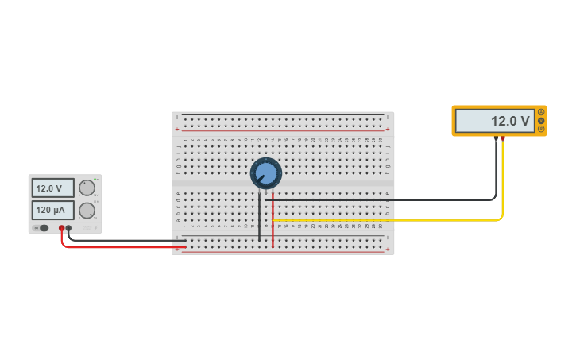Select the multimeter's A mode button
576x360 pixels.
pos(541,112)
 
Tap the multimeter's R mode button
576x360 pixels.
pos(541,129)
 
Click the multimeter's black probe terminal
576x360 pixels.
pos(496,139)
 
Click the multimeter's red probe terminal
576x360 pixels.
pos(502,139)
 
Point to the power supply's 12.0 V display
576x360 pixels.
pos(52,188)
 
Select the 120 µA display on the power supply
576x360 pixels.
pos(52,211)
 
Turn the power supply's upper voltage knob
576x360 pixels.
pos(87,188)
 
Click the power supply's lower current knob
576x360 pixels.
pos(87,211)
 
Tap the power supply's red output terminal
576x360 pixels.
pos(61,228)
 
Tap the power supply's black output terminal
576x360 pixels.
pos(69,228)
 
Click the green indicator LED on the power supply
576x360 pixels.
pos(95,179)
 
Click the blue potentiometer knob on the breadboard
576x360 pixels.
pos(265,173)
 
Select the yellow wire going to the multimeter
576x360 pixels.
pos(397,220)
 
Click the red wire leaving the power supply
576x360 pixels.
pos(119,247)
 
